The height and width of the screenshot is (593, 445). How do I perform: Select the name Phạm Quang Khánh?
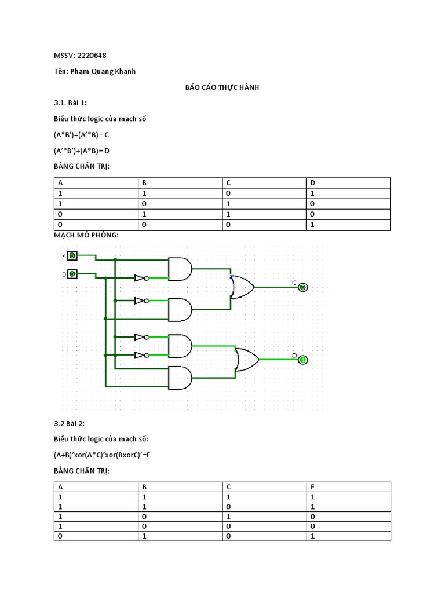click(103, 71)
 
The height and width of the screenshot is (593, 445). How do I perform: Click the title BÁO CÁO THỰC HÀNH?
click(222, 87)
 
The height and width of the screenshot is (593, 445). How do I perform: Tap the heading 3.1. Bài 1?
click(70, 103)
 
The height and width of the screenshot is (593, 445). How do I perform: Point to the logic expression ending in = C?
click(81, 135)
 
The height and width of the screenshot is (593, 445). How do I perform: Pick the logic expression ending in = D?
click(82, 151)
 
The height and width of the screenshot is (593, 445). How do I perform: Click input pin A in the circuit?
click(72, 255)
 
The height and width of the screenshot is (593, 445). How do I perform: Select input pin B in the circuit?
click(72, 274)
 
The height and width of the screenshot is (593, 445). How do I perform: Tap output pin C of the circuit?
click(303, 287)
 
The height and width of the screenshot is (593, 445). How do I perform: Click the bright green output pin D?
click(303, 360)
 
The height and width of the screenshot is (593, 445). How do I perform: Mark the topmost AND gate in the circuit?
click(180, 269)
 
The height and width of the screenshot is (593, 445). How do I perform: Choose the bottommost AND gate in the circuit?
click(180, 378)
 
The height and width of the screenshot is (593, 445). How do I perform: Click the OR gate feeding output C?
click(242, 287)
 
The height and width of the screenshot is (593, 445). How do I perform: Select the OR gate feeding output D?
click(246, 360)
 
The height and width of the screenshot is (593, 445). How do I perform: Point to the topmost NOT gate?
click(141, 278)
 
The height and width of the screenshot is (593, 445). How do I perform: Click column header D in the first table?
click(313, 182)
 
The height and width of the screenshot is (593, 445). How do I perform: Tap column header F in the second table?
click(313, 487)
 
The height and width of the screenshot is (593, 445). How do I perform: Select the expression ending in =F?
click(102, 455)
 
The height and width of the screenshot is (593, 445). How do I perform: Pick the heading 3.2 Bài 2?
click(69, 423)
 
